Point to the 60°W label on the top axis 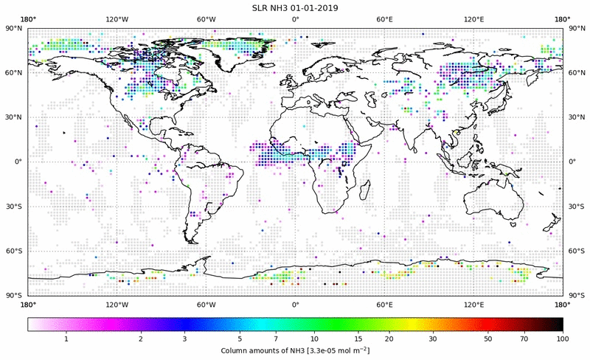point(206,20)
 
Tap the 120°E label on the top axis point(473,20)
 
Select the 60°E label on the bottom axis point(384,304)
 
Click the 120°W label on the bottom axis point(117,304)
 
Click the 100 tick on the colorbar point(563,338)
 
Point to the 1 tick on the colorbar point(66,338)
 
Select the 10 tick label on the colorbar point(314,338)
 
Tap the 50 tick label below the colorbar point(487,338)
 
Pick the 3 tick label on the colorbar point(184,338)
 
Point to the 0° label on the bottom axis point(295,304)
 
